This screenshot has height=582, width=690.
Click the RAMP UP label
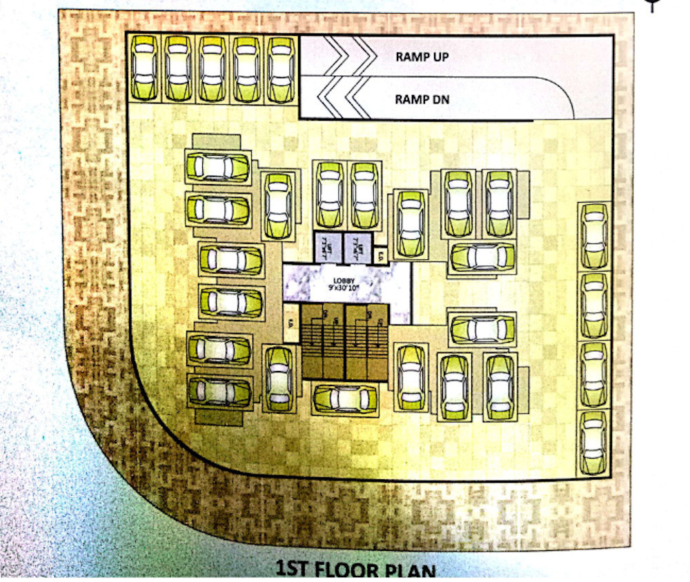(x=422, y=57)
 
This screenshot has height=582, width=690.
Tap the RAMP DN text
(x=422, y=99)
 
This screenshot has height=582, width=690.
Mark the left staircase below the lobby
(x=323, y=341)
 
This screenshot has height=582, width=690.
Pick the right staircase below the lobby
(x=365, y=341)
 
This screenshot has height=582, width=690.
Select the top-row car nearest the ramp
(x=280, y=69)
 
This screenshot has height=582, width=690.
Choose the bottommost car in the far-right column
(x=593, y=442)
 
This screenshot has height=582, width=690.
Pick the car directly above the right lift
(x=364, y=194)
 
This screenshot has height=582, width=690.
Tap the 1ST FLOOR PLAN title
(x=355, y=571)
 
